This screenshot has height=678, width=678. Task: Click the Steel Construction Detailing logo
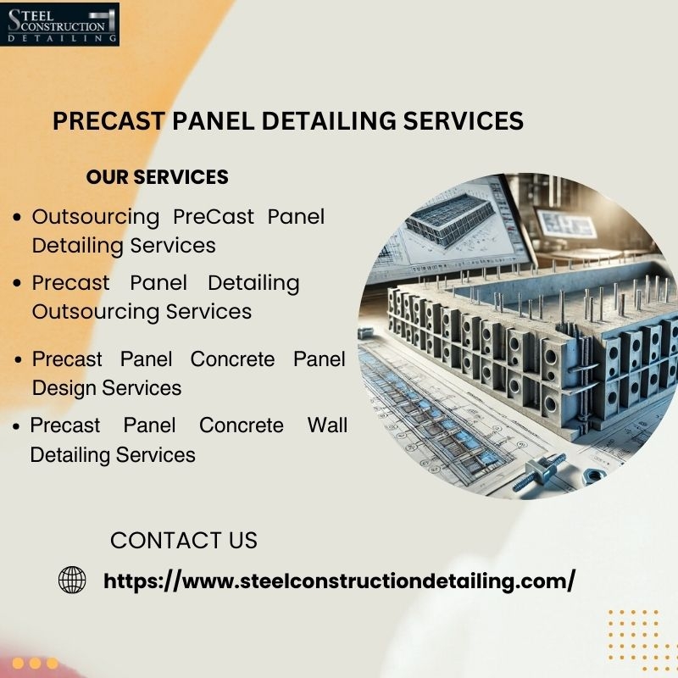pos(59,24)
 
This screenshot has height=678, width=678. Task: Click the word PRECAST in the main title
pos(109,120)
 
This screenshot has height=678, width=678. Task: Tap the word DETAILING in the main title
pos(329,120)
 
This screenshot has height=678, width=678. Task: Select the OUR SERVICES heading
pos(158,177)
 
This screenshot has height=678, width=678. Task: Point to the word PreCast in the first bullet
pos(214,217)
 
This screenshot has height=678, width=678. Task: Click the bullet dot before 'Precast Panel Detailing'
pos(17,283)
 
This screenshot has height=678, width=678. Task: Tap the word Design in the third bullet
pos(64,388)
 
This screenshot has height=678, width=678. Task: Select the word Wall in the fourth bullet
pos(327,425)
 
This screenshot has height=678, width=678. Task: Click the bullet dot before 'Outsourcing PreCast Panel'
pos(17,217)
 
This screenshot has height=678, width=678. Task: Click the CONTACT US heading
pos(184,541)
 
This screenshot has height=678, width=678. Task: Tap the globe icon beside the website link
pos(72,580)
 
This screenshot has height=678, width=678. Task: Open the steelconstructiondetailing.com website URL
pos(340,581)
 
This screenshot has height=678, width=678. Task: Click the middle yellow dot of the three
pos(35,663)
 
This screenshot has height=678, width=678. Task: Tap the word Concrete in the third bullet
pos(232,359)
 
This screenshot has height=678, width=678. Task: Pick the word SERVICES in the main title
pos(464,120)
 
